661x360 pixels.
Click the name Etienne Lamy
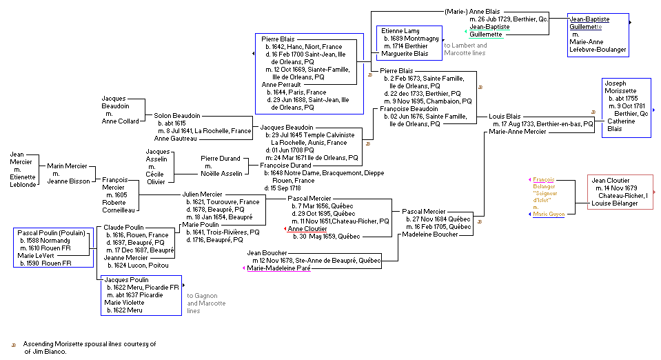coord(400,30)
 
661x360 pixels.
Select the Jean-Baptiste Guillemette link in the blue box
coord(589,23)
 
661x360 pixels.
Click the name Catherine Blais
coord(621,125)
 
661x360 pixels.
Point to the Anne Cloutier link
coord(307,228)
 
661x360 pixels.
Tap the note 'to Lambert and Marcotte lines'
coord(465,49)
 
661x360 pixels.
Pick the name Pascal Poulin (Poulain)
coord(52,232)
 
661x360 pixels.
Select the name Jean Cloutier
coord(610,181)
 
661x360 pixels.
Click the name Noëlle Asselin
coord(221,173)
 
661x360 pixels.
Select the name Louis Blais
coord(504,117)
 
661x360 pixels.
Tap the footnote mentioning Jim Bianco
coord(90,347)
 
